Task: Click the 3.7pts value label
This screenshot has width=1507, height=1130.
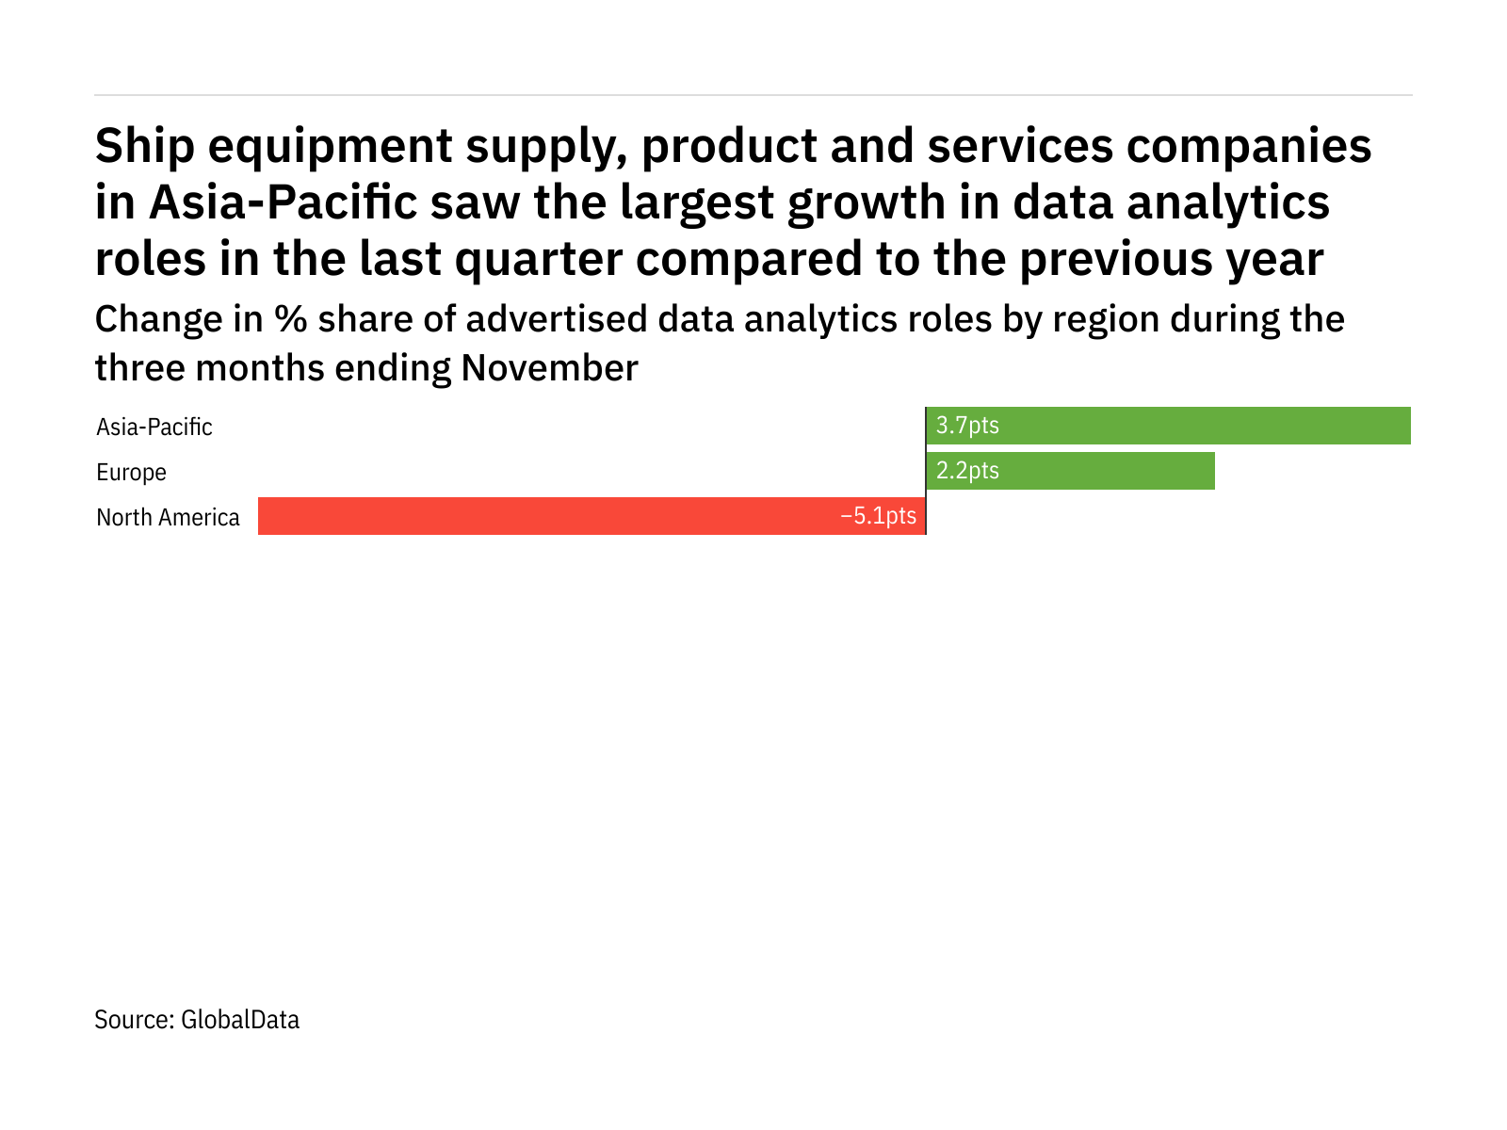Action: [967, 426]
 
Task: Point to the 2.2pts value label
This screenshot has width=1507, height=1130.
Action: [967, 471]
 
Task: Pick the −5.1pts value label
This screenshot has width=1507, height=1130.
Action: [878, 516]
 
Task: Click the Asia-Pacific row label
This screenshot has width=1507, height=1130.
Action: [154, 428]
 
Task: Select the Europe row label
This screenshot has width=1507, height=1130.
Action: [131, 473]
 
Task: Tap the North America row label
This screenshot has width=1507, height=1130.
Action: [168, 518]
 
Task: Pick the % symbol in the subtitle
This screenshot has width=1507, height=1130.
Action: [291, 320]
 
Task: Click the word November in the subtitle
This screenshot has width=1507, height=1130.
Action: [549, 368]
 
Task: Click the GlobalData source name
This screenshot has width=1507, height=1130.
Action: [240, 1020]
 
